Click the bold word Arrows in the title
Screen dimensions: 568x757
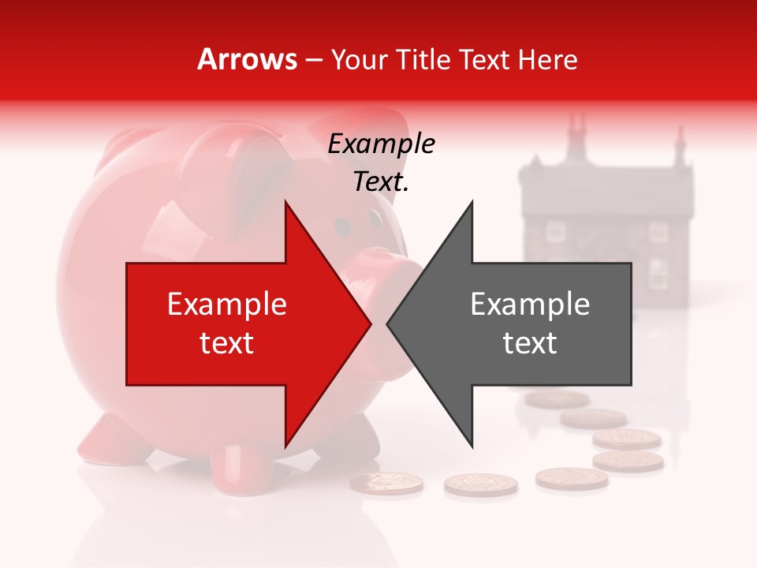point(247,59)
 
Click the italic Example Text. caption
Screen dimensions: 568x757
point(381,163)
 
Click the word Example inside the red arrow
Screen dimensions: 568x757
point(227,305)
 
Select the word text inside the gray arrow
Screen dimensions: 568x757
point(530,343)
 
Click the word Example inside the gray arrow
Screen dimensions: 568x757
point(530,305)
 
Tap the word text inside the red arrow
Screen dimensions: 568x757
point(227,343)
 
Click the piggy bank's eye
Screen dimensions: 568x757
point(342,227)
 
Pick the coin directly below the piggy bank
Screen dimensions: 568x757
point(386,483)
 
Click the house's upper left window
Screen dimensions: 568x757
point(556,230)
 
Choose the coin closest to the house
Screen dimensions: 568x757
point(557,399)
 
